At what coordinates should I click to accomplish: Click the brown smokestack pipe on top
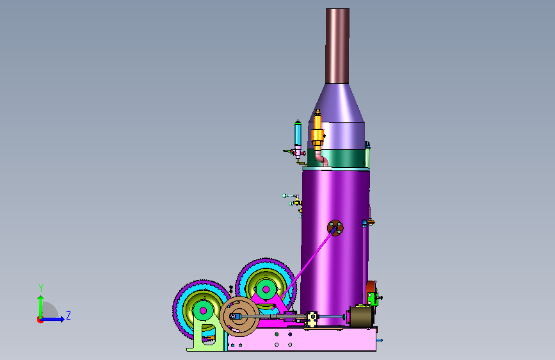337,46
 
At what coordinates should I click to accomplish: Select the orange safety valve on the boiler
318,130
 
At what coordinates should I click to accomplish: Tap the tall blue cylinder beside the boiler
298,134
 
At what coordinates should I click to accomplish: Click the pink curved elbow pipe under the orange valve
322,158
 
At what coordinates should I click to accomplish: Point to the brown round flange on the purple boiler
335,227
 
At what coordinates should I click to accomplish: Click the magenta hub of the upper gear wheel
266,290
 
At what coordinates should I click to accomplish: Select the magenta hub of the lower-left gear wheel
203,311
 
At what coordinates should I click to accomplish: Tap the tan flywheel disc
239,316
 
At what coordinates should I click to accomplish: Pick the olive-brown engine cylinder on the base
360,316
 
